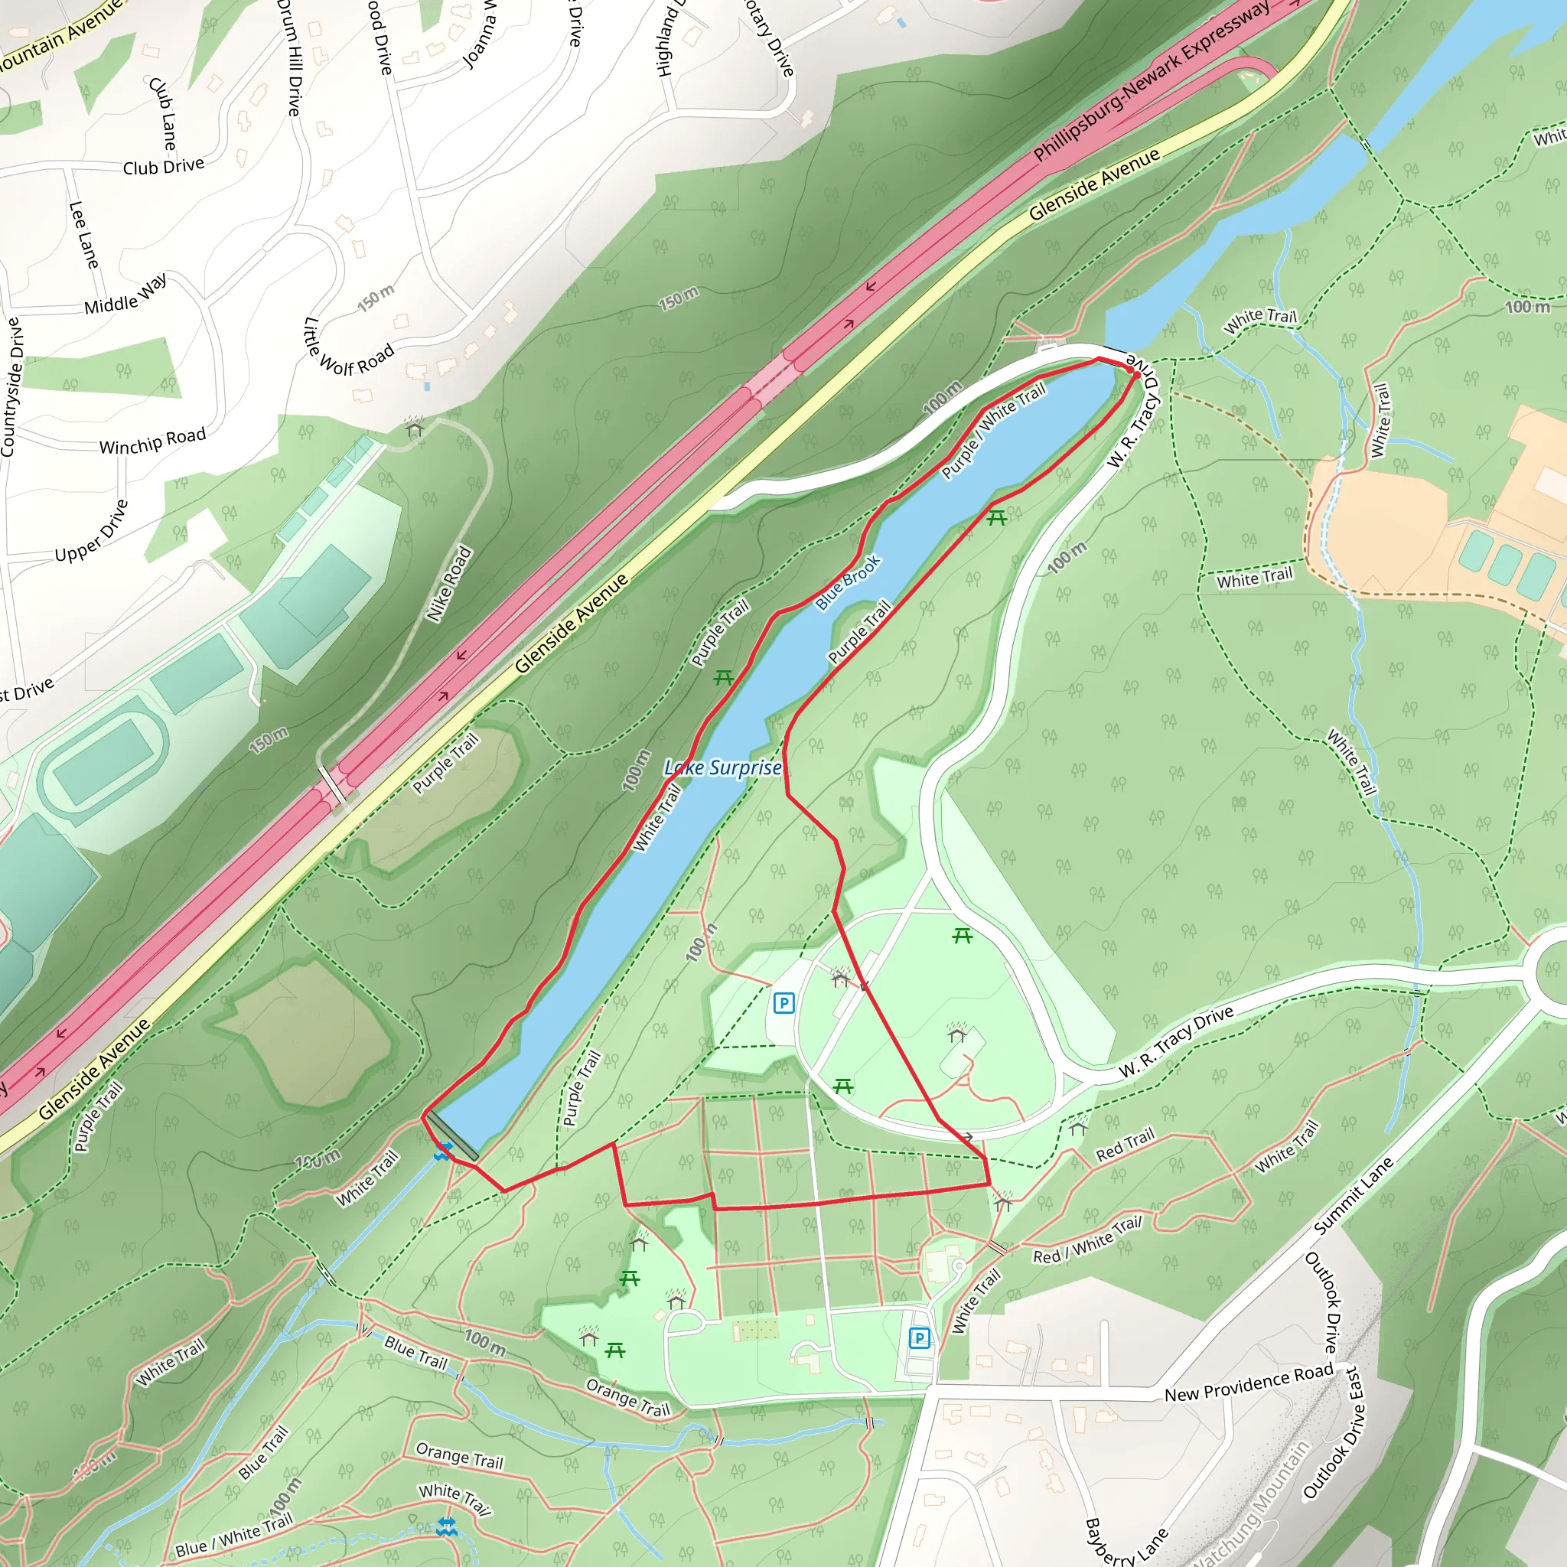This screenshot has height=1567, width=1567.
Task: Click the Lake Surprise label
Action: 722,767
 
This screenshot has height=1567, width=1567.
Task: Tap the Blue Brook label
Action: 848,582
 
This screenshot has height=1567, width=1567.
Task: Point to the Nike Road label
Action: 449,584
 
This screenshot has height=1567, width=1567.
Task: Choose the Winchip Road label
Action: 152,441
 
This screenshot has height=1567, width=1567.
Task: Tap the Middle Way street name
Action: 125,295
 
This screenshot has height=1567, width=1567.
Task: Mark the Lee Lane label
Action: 83,235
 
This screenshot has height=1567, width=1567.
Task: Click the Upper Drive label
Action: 92,530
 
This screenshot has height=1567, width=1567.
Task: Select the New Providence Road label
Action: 1248,1383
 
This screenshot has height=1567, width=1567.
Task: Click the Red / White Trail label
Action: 1086,1240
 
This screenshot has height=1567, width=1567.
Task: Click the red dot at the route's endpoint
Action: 1132,370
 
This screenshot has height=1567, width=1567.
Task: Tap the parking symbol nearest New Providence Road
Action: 919,1337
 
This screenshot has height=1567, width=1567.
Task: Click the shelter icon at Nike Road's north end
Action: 415,428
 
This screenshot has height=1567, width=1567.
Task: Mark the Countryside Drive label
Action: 12,387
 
